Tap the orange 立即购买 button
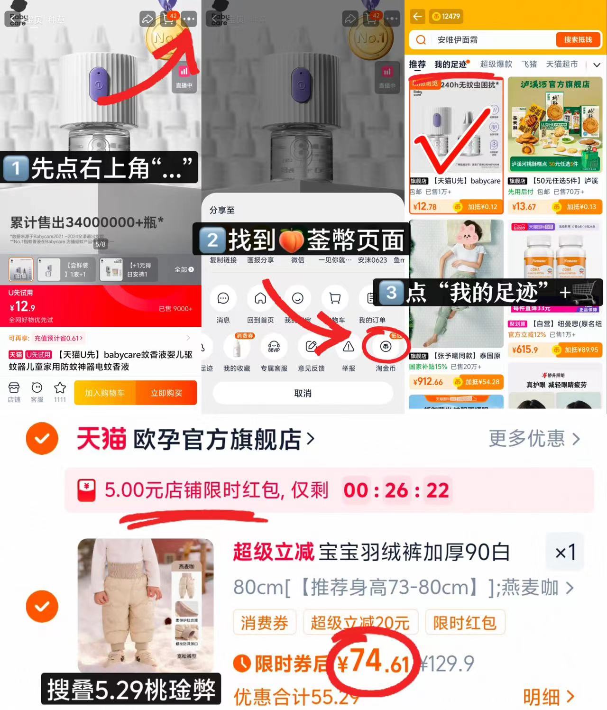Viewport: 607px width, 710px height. click(166, 393)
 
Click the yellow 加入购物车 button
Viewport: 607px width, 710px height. click(105, 393)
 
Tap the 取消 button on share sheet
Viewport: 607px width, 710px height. click(303, 393)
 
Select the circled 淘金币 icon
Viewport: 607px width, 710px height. click(386, 347)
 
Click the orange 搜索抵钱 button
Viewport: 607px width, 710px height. click(578, 40)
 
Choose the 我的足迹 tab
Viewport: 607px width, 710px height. click(451, 64)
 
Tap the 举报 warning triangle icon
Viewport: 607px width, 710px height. click(349, 347)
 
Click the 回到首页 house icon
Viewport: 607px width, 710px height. click(260, 298)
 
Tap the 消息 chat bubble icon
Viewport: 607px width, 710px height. click(223, 298)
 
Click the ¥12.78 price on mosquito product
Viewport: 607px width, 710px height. click(425, 207)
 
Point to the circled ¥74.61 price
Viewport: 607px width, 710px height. click(374, 662)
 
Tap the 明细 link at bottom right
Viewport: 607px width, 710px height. click(548, 697)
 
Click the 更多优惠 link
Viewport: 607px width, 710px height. click(534, 439)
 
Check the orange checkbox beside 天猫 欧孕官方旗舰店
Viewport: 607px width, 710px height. click(42, 439)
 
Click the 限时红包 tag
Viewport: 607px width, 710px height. click(464, 622)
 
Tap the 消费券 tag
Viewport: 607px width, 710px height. click(264, 622)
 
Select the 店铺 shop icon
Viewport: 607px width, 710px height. click(14, 392)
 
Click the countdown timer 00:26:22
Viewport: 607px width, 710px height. click(396, 490)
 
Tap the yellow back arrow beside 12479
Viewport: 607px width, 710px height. click(417, 17)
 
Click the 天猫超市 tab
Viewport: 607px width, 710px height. click(561, 64)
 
